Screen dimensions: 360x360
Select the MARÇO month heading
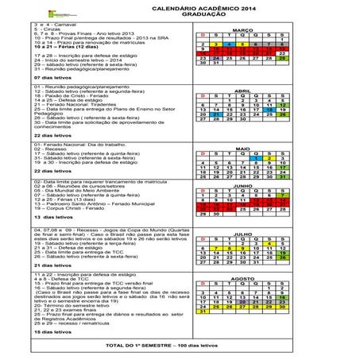242,29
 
